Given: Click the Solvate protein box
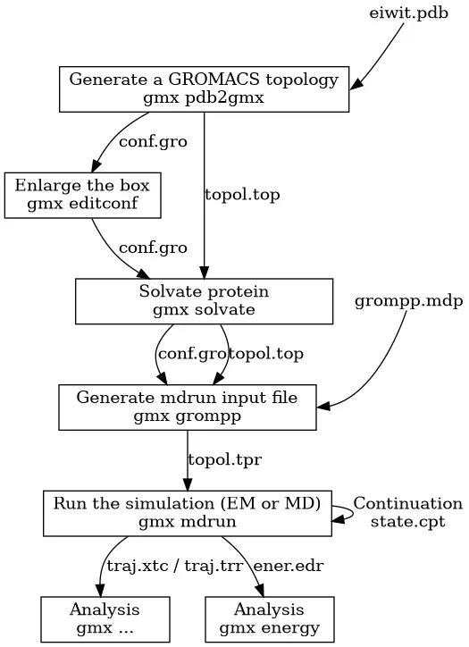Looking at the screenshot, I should click(204, 301).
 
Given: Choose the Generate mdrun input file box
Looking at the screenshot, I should click(187, 407).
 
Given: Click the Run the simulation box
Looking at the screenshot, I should click(187, 512).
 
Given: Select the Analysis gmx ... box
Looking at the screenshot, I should click(105, 618).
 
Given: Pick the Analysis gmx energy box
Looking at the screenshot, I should click(269, 618).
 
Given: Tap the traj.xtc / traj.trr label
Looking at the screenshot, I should click(164, 566).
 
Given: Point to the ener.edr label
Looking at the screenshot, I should click(289, 566).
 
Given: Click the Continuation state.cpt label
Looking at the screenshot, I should click(407, 512).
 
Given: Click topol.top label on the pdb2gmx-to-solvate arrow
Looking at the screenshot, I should click(241, 195).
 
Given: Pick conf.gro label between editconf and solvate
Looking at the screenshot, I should click(153, 248).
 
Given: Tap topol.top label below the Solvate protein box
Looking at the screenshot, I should click(266, 354).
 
